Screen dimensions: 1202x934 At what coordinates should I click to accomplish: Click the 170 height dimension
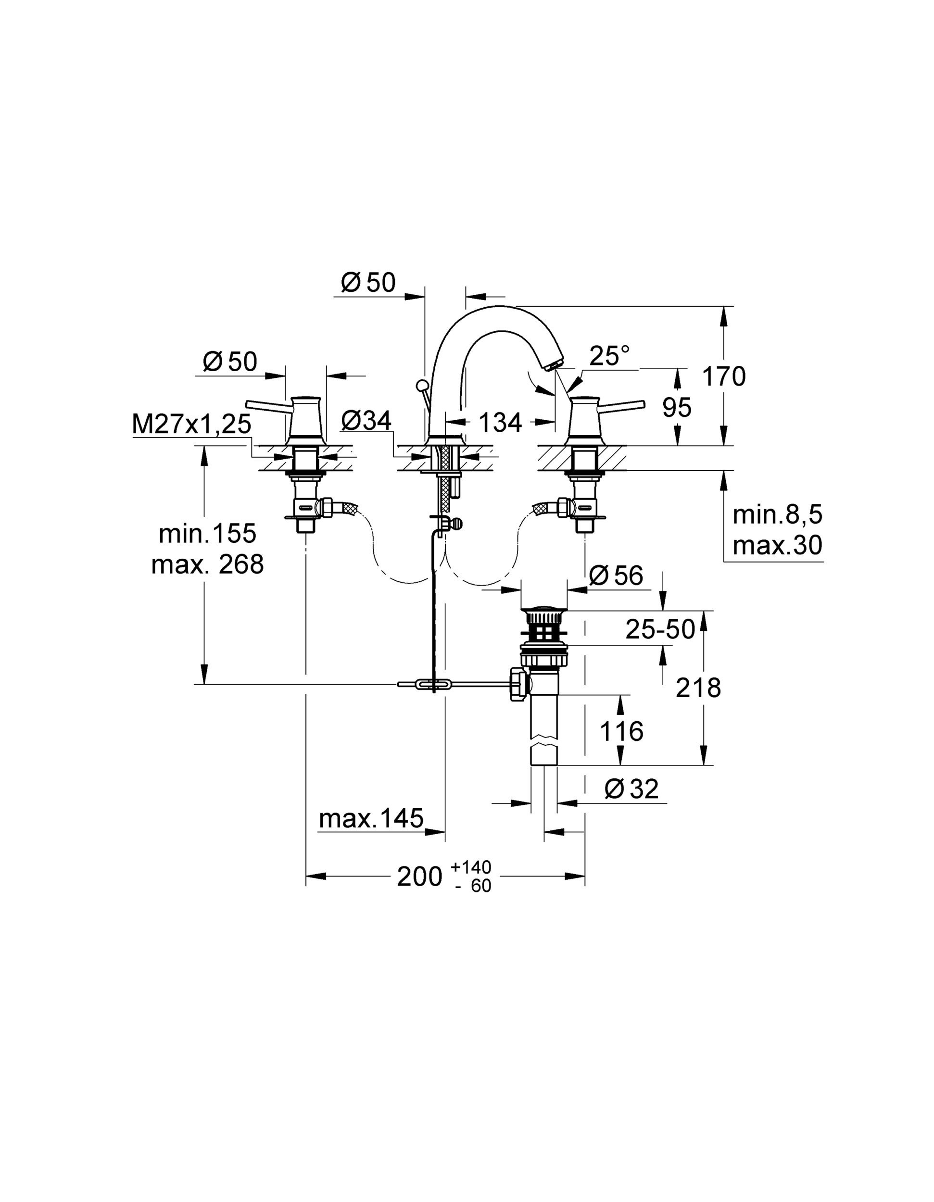[x=724, y=377]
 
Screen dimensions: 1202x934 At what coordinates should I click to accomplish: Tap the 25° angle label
[x=609, y=356]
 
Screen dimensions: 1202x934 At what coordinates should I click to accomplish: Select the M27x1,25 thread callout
[x=191, y=425]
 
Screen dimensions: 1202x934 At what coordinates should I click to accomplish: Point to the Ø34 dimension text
[x=366, y=421]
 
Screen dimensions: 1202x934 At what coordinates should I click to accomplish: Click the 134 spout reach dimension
[x=500, y=423]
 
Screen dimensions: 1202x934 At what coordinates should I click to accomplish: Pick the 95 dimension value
[x=676, y=408]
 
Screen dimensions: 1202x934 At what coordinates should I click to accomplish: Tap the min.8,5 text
[x=777, y=514]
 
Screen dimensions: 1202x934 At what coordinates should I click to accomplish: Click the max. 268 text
[x=207, y=564]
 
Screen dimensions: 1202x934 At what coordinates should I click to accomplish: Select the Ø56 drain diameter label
[x=616, y=576]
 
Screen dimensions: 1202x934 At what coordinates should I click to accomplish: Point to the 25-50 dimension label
[x=660, y=629]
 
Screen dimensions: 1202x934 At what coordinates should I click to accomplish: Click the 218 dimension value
[x=698, y=688]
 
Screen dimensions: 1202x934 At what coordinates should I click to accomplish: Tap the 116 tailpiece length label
[x=621, y=732]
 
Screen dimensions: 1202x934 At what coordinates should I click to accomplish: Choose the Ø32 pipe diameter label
[x=631, y=789]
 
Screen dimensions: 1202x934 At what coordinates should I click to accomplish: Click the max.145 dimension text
[x=371, y=818]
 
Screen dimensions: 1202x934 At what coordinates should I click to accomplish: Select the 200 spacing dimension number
[x=419, y=876]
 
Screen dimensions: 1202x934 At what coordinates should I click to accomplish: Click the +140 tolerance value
[x=470, y=868]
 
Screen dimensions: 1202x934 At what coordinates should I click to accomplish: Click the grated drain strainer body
[x=544, y=628]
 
